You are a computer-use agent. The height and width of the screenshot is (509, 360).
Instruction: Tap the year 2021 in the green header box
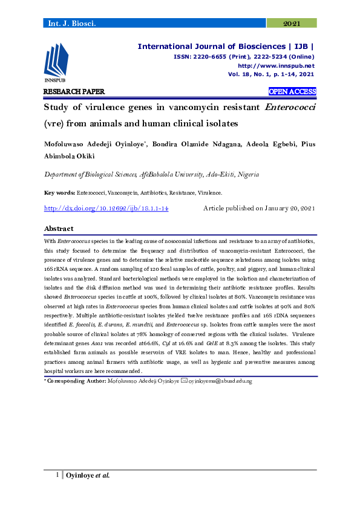click(x=292, y=23)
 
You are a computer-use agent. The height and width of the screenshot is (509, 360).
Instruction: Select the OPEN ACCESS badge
click(x=292, y=92)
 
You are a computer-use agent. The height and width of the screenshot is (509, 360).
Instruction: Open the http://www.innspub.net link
click(x=276, y=65)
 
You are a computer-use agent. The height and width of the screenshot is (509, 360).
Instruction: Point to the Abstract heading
click(x=59, y=229)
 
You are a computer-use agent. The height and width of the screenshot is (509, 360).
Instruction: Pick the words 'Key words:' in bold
click(x=61, y=193)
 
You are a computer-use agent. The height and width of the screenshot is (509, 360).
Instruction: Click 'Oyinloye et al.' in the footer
click(x=87, y=475)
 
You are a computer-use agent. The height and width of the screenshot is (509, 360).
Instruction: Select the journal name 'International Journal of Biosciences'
click(x=211, y=46)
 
